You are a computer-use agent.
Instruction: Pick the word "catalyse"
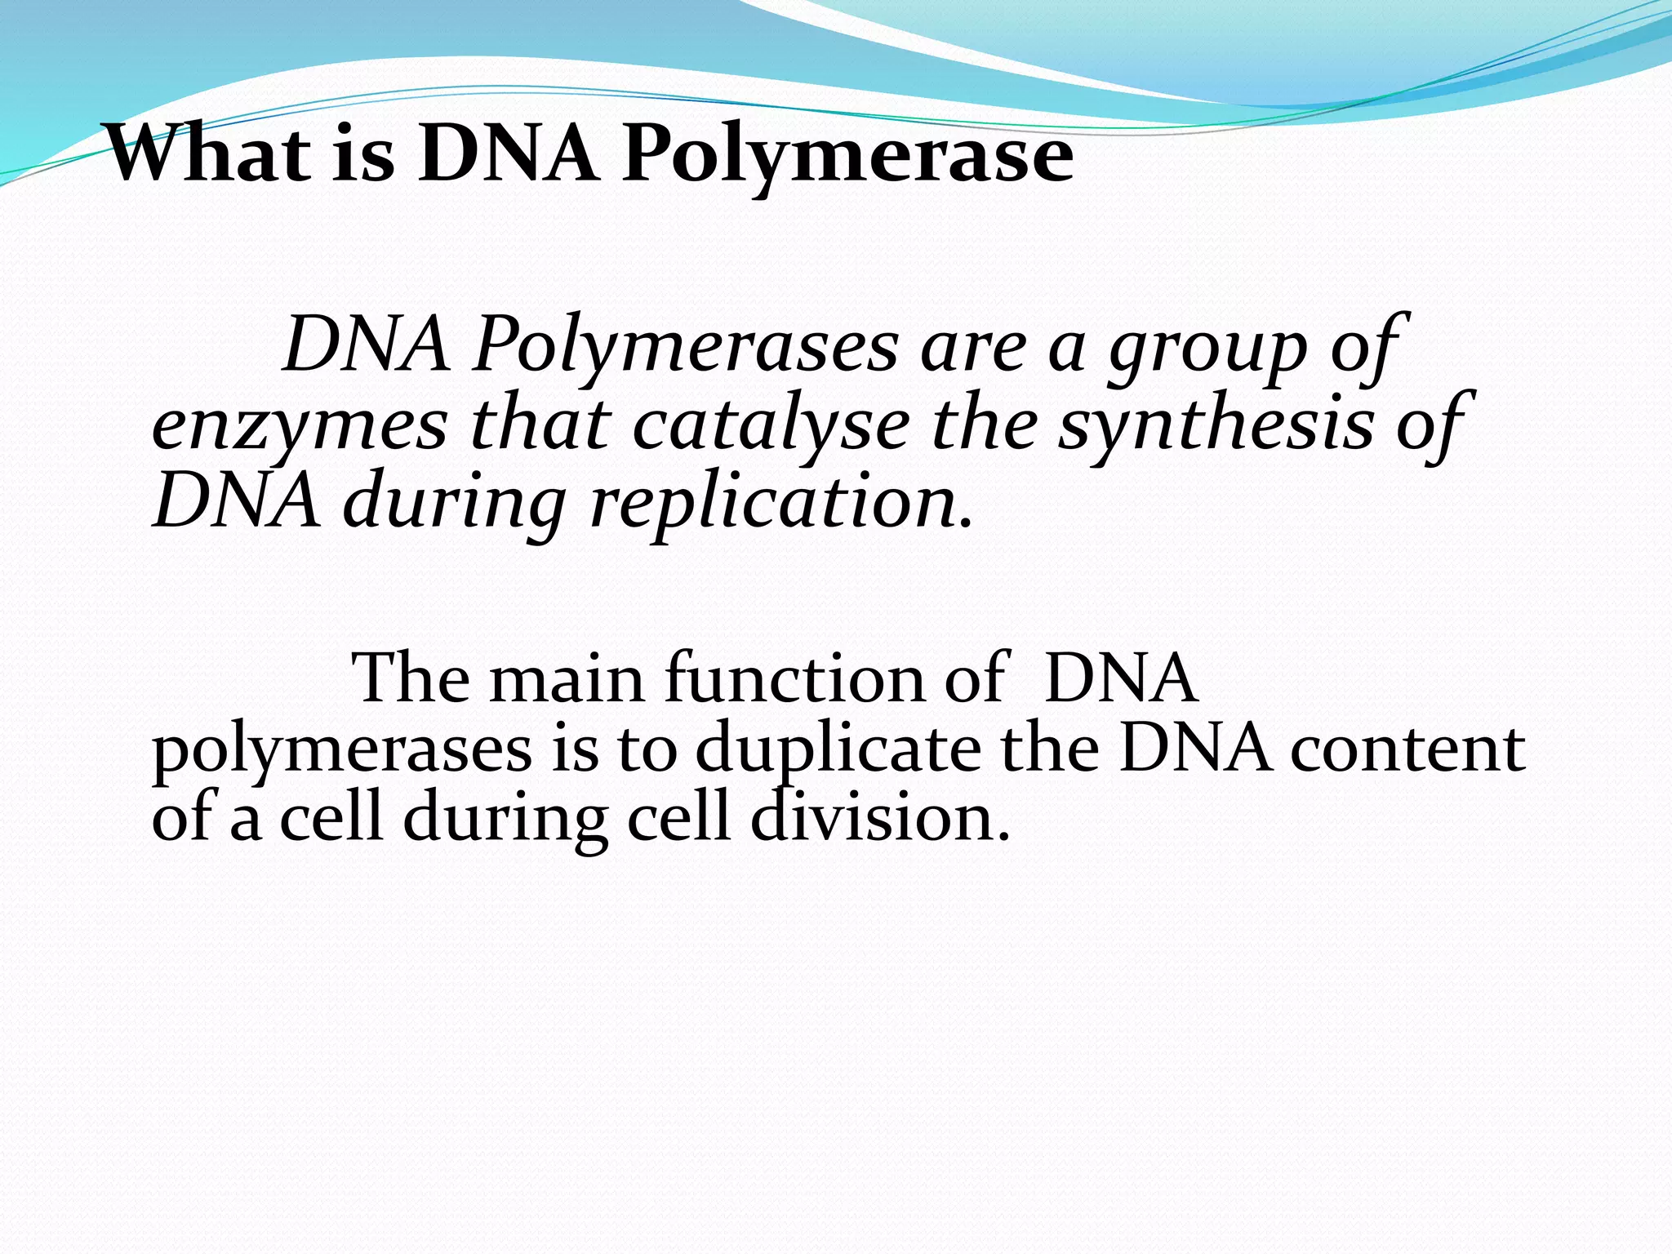point(771,426)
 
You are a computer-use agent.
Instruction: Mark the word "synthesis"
point(1216,426)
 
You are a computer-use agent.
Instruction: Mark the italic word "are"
point(972,348)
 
